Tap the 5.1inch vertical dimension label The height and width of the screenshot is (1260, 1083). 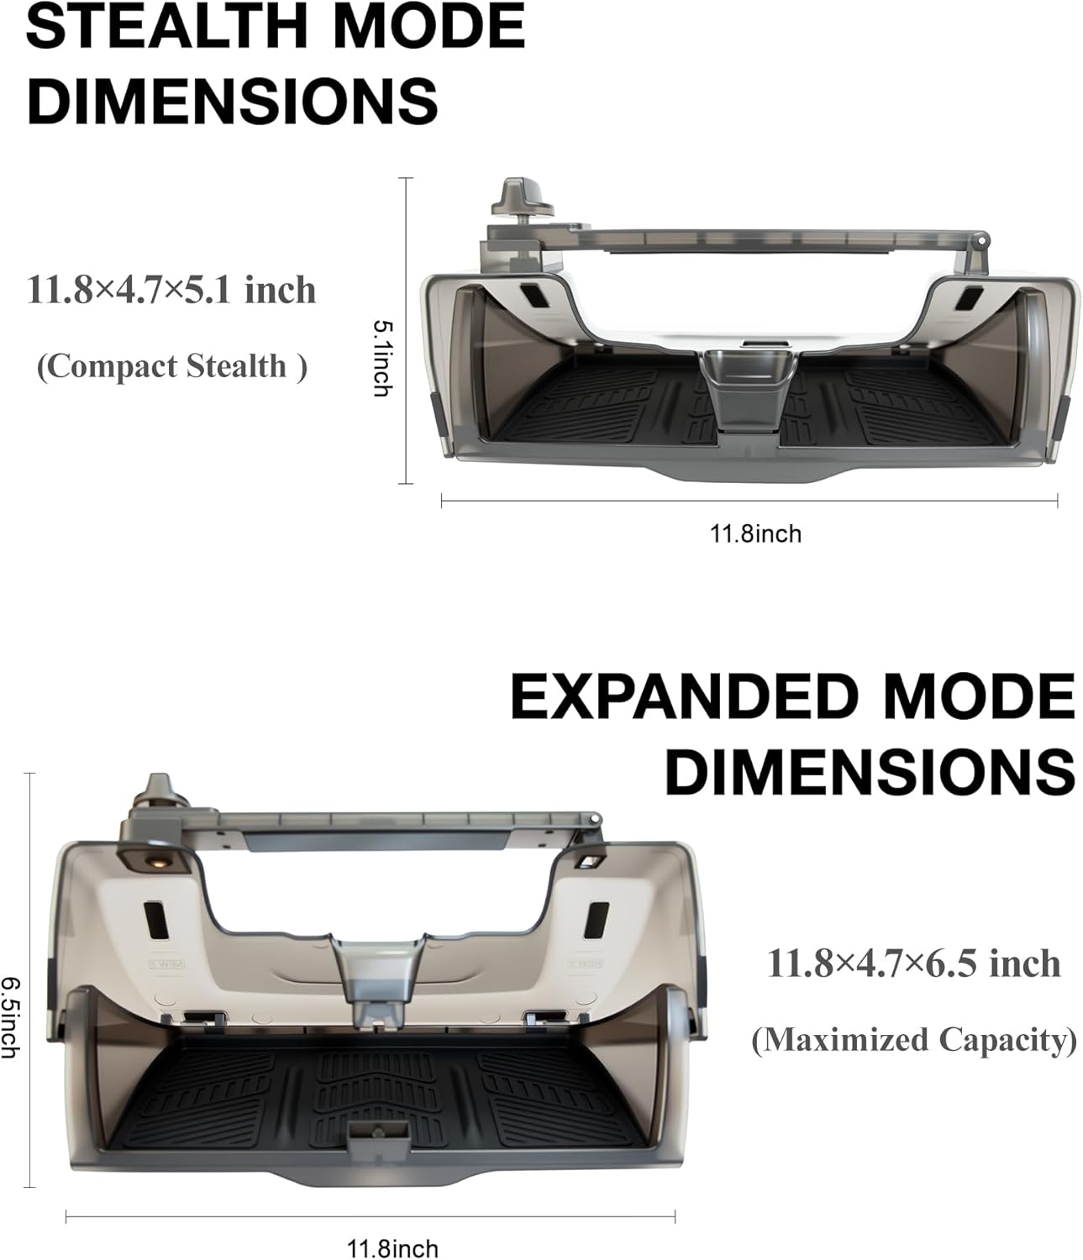381,357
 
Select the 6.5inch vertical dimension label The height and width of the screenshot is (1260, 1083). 10,1016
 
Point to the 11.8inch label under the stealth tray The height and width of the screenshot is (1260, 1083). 755,533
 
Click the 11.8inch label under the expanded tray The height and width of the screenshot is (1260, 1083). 392,1248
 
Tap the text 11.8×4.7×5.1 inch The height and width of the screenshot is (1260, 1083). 171,291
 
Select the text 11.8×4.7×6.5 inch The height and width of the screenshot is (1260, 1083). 913,963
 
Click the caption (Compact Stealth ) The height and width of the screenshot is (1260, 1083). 171,366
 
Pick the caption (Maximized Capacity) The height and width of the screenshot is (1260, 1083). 913,1040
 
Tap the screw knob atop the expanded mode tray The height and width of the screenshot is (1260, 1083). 157,795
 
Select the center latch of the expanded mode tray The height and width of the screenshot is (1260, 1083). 376,974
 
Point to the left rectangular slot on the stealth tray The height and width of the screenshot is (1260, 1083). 533,297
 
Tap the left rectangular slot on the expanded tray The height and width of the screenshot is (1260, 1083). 157,920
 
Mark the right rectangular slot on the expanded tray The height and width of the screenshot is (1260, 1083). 597,920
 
